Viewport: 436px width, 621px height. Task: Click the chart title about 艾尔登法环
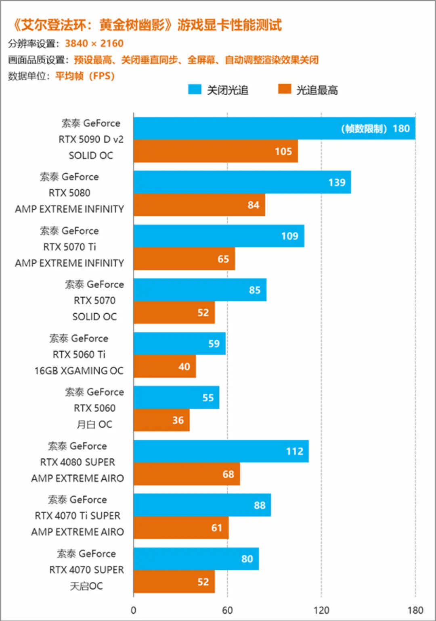point(147,25)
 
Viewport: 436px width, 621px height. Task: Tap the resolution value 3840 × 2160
point(94,44)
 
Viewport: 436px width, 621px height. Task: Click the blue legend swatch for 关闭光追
point(195,90)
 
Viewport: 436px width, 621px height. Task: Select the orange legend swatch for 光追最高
point(285,89)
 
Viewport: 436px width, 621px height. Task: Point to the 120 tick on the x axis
point(321,610)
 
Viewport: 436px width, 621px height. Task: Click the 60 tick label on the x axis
point(227,610)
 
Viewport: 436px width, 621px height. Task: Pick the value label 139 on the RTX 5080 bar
point(337,183)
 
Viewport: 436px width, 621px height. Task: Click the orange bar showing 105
point(216,151)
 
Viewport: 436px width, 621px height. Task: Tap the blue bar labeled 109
point(219,236)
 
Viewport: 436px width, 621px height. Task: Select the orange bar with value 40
point(165,367)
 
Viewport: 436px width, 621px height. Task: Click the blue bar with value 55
point(176,398)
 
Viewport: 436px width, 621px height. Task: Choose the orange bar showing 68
point(187,474)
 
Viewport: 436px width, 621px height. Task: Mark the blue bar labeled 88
point(202,505)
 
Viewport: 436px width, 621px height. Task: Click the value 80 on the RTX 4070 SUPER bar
point(247,559)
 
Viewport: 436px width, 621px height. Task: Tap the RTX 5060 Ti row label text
point(79,355)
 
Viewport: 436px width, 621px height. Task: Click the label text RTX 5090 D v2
point(91,139)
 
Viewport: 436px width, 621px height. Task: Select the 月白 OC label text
point(94,424)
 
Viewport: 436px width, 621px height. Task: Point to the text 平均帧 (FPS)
point(85,76)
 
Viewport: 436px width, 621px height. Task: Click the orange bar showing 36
point(161,420)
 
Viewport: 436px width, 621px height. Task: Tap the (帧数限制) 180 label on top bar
point(375,128)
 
